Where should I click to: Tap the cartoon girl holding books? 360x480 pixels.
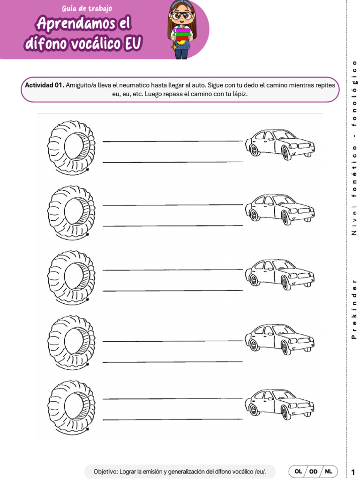(181, 30)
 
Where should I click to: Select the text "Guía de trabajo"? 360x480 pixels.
(87, 8)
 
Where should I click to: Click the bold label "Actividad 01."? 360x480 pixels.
(44, 85)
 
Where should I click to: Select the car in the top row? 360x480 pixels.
(279, 144)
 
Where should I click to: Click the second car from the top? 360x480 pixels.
(279, 209)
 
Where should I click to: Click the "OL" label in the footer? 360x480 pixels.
(298, 471)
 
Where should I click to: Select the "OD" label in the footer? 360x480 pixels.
(314, 471)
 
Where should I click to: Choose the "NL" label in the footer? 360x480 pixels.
(329, 471)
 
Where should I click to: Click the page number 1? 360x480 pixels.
(352, 472)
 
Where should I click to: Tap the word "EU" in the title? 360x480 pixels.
(133, 44)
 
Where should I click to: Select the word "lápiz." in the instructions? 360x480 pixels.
(237, 94)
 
